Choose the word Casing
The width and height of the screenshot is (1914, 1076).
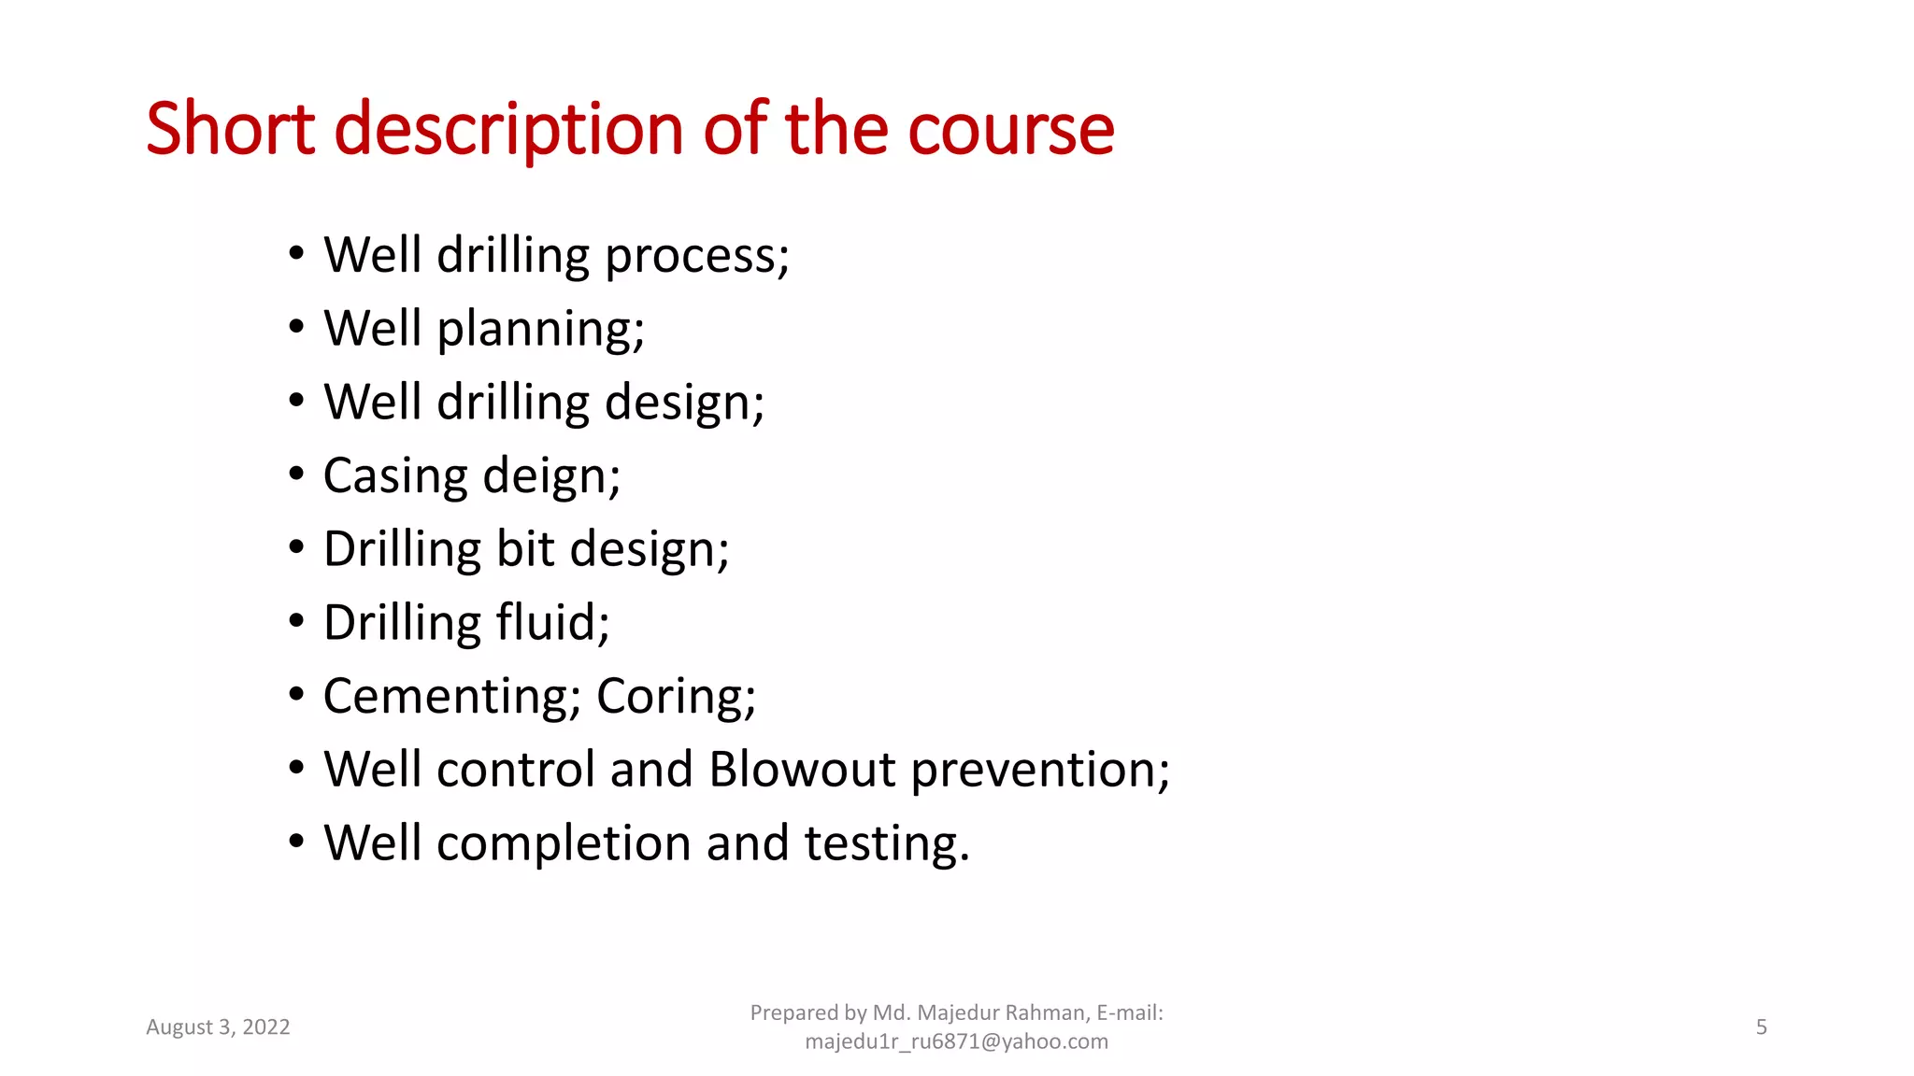coord(395,477)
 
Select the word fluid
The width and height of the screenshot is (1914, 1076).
coord(552,623)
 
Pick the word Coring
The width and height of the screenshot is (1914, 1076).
coord(676,697)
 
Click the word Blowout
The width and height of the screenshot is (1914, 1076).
coord(802,770)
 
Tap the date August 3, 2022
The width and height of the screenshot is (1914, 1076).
coord(218,1027)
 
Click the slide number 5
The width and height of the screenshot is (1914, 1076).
coord(1761,1027)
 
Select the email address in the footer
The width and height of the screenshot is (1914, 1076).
coord(956,1041)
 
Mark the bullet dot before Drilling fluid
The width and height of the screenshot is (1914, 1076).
coord(296,621)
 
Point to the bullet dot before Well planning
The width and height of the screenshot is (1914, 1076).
coord(296,328)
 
